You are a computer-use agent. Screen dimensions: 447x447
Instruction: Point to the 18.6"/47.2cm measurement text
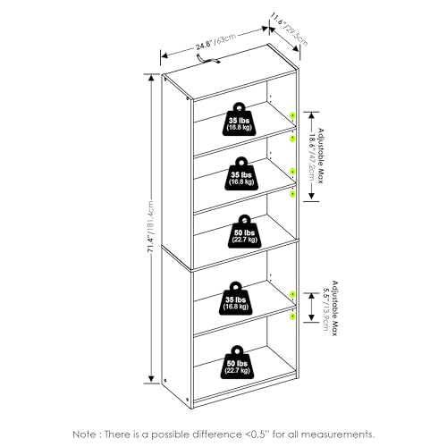coord(311,157)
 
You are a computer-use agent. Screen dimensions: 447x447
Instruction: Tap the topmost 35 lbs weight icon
coord(240,119)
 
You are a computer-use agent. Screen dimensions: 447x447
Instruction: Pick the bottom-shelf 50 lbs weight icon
coord(238,363)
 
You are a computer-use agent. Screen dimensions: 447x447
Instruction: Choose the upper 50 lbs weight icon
coord(244,232)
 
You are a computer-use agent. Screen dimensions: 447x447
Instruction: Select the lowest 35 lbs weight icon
coord(237,298)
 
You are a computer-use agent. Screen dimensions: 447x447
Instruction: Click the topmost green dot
coord(292,115)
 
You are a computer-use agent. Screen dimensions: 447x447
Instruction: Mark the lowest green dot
coord(293,316)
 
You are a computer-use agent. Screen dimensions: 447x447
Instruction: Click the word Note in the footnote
coord(84,434)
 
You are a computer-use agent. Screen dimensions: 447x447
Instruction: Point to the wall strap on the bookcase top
coord(208,59)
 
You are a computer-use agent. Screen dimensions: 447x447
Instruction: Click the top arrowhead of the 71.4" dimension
coord(151,78)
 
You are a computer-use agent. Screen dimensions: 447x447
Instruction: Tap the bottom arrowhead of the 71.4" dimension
coord(151,379)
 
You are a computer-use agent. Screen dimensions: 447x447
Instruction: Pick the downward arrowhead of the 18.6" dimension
coord(311,197)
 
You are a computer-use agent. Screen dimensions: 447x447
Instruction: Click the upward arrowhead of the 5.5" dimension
coord(311,297)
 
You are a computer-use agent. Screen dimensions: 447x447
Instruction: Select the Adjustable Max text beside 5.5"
coord(335,308)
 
